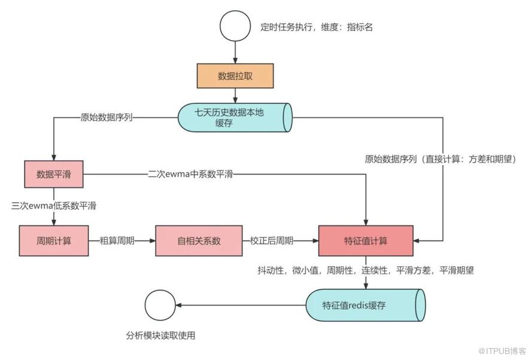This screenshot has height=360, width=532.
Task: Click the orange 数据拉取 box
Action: [235, 76]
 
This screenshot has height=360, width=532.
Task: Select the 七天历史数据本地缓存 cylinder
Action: [235, 118]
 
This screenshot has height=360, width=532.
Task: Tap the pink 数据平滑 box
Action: [53, 174]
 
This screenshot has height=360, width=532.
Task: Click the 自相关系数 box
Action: [199, 241]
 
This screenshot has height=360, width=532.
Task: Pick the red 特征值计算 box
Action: [365, 241]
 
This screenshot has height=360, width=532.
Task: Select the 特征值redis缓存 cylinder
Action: [365, 305]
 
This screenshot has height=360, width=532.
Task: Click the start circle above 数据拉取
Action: [235, 27]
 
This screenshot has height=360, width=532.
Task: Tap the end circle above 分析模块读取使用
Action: [160, 305]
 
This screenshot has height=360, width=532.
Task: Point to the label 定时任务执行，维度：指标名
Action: [317, 27]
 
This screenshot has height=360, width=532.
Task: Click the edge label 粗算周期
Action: [121, 241]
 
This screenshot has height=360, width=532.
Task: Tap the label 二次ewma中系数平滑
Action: [191, 174]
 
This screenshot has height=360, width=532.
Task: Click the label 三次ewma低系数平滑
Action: [54, 206]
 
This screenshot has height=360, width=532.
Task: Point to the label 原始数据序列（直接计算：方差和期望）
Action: [440, 159]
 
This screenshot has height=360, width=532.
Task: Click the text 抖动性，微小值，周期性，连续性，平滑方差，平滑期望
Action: [366, 270]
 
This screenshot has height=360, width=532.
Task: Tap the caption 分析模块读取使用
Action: [160, 335]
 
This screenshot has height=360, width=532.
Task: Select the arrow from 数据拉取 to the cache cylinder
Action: [235, 94]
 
